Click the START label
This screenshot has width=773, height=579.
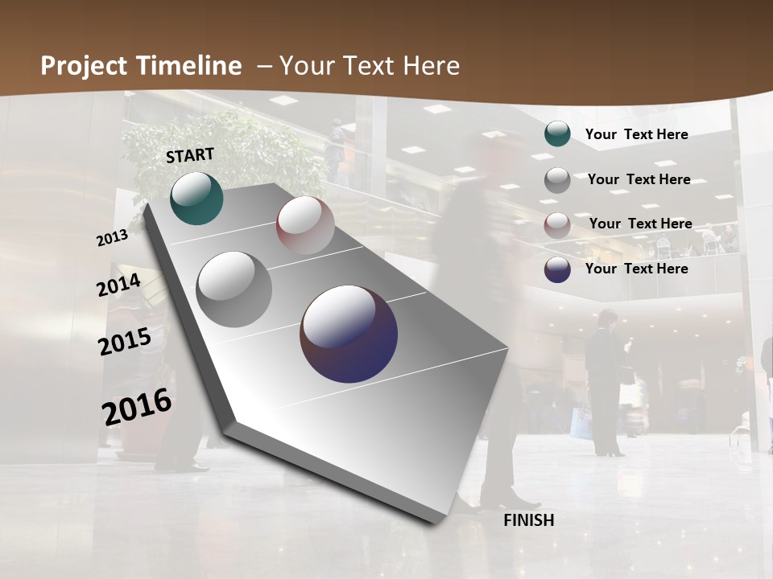190,155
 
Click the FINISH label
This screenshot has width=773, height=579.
529,520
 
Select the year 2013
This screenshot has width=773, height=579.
112,238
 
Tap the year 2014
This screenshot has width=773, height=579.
119,285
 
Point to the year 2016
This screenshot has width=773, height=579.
137,407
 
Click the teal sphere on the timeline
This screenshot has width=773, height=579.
197,198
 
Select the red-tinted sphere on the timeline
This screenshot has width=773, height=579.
305,225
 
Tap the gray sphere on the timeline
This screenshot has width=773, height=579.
234,289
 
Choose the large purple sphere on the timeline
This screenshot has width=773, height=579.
349,334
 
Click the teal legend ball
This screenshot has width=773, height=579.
557,134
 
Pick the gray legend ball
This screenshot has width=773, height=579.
557,180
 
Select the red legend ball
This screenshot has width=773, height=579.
557,224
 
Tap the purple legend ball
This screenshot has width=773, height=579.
557,269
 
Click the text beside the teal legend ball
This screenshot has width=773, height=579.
636,134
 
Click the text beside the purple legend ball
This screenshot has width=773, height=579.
636,269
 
